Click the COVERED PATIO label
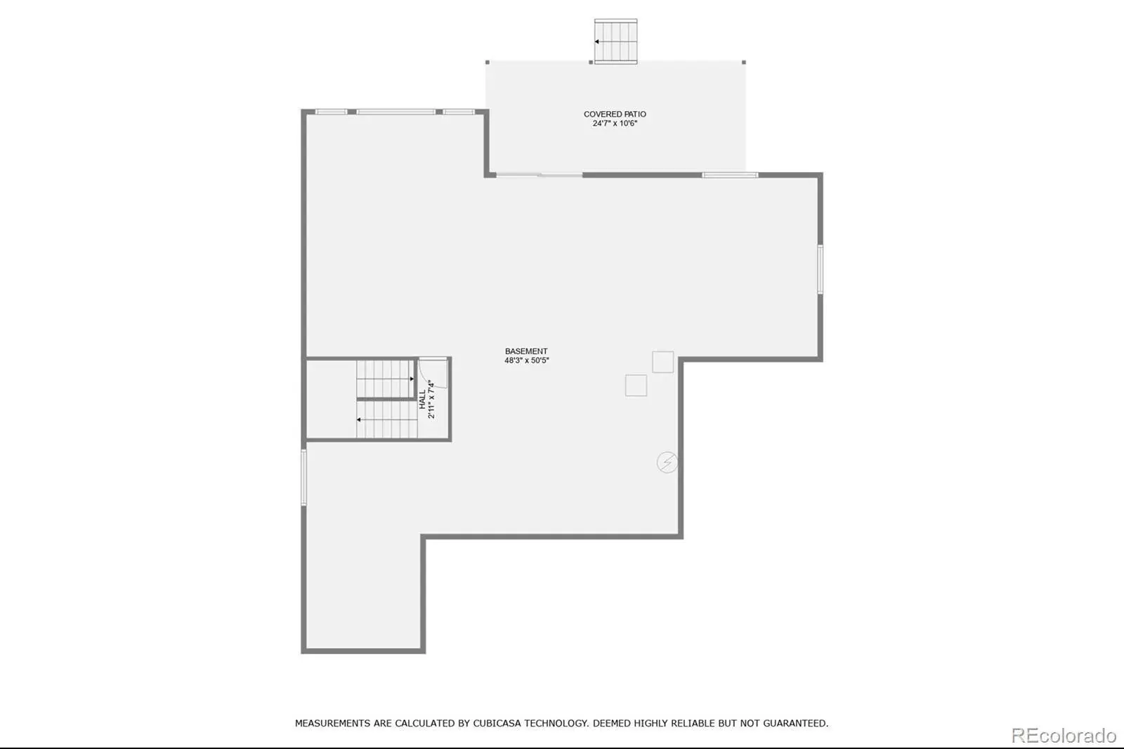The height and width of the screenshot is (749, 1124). click(615, 115)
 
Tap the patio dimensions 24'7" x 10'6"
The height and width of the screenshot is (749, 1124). click(615, 124)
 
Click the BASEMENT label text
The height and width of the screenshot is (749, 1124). click(526, 351)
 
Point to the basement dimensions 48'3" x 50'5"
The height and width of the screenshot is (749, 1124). click(527, 360)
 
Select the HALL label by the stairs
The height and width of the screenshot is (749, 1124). click(422, 399)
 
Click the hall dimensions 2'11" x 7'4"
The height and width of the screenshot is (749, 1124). click(431, 399)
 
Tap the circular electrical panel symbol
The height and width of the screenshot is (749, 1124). click(667, 462)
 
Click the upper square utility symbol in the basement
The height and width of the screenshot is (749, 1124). click(663, 362)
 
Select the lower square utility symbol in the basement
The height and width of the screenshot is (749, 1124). click(636, 386)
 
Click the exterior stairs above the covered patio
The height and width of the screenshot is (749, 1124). click(615, 41)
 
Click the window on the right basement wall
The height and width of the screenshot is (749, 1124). click(820, 269)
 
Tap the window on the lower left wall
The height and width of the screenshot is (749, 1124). click(303, 477)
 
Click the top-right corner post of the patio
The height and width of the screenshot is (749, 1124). click(744, 63)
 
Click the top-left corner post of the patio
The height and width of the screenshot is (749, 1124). click(488, 63)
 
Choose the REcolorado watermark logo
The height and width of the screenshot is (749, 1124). click(1064, 736)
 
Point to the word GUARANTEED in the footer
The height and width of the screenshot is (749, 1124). click(795, 724)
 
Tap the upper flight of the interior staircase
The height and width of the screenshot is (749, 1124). click(386, 379)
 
